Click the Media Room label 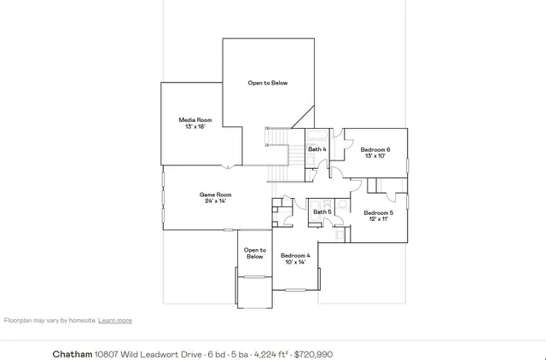tap(195, 120)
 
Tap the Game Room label tap(215, 195)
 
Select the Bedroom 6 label tap(375, 149)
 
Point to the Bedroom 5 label tap(378, 212)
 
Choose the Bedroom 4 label tap(296, 255)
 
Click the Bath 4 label tap(317, 149)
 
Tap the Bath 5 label tap(322, 212)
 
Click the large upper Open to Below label tap(268, 83)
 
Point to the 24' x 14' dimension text tap(215, 200)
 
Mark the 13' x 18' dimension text tap(195, 126)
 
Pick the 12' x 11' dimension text tap(378, 218)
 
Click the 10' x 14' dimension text tap(296, 262)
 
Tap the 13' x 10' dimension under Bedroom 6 tap(375, 155)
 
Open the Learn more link tap(115, 321)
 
